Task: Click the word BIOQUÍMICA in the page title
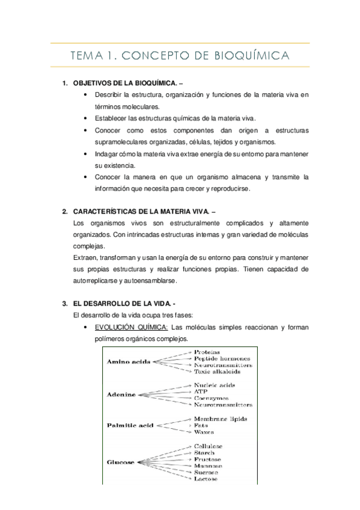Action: pos(252,56)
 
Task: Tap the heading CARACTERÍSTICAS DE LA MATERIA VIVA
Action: pos(141,212)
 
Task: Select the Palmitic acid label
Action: pos(130,425)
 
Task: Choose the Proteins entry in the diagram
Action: pos(207,352)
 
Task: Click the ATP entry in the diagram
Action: pos(201,392)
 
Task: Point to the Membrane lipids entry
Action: pos(220,419)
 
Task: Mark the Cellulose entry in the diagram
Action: pos(208,446)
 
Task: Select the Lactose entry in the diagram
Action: pos(206,479)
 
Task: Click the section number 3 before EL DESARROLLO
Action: pos(64,303)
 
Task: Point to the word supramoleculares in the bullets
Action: pos(125,142)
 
